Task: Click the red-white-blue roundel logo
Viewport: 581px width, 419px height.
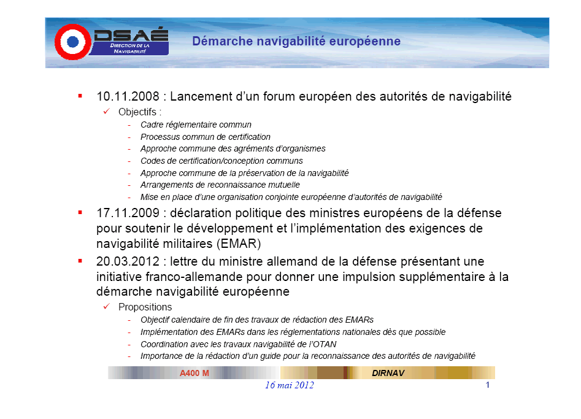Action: pyautogui.click(x=72, y=42)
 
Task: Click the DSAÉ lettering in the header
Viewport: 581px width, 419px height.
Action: pyautogui.click(x=131, y=35)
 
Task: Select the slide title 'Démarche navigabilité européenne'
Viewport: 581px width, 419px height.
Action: pyautogui.click(x=296, y=41)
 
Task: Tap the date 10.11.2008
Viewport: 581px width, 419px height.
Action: pyautogui.click(x=128, y=96)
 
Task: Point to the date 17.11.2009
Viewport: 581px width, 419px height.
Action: pyautogui.click(x=128, y=213)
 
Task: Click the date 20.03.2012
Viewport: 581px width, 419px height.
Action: pyautogui.click(x=128, y=261)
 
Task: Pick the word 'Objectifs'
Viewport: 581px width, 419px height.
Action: pyautogui.click(x=137, y=112)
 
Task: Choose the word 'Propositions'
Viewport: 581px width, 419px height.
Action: pyautogui.click(x=145, y=307)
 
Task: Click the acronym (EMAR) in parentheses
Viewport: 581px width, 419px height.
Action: pyautogui.click(x=239, y=244)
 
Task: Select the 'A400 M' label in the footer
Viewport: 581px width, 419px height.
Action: pyautogui.click(x=194, y=373)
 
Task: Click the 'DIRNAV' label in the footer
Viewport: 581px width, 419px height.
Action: pyautogui.click(x=388, y=373)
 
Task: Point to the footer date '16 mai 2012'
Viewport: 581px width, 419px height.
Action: pyautogui.click(x=290, y=385)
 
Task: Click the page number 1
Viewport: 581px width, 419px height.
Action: pyautogui.click(x=488, y=385)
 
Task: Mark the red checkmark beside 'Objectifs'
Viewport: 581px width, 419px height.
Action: pyautogui.click(x=107, y=111)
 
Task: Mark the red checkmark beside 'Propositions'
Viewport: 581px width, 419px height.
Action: pyautogui.click(x=107, y=306)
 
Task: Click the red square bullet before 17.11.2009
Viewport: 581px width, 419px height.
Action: pyautogui.click(x=80, y=212)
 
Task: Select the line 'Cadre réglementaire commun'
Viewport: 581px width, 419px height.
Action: pyautogui.click(x=196, y=125)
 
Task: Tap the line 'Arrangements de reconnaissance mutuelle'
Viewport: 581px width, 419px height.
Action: pyautogui.click(x=220, y=185)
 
